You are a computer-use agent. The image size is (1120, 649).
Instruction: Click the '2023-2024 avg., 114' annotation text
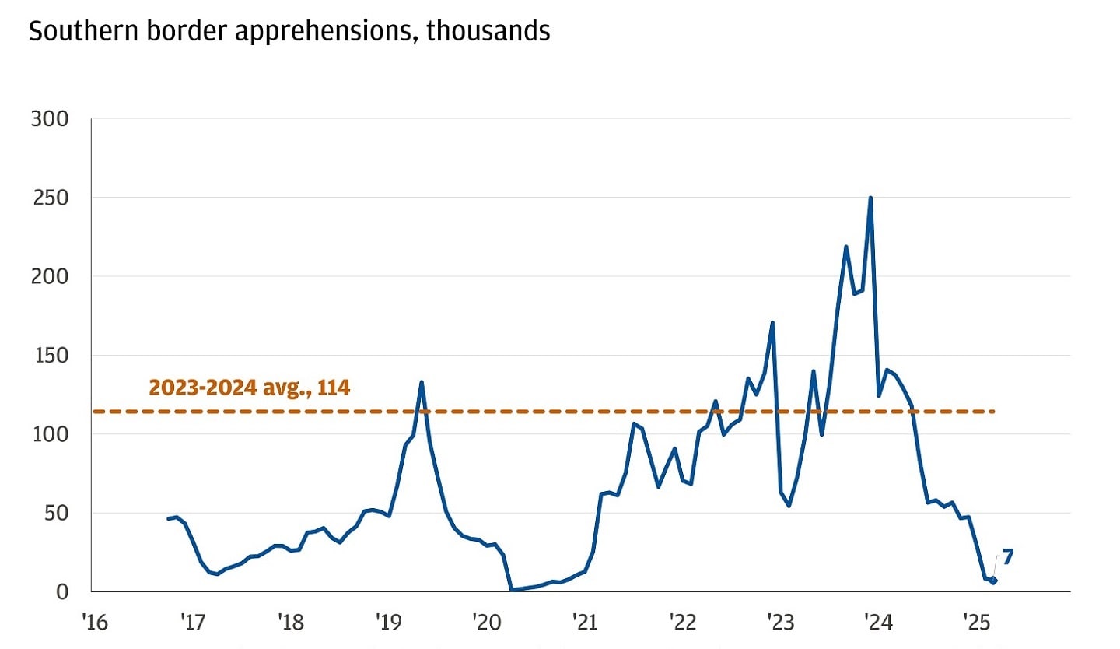tap(249, 388)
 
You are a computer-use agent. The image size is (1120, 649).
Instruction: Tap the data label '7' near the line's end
tap(1008, 557)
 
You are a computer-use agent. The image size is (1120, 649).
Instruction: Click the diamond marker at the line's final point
tap(993, 581)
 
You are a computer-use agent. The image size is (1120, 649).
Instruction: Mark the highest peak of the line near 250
tap(870, 198)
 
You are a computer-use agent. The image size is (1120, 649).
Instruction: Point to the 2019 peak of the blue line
tap(421, 382)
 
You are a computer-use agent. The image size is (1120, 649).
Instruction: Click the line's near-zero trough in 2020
tap(513, 590)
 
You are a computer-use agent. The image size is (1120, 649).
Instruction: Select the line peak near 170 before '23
tap(772, 322)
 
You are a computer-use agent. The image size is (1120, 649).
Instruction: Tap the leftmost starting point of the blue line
tap(168, 518)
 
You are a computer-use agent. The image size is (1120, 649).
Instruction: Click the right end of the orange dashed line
tap(994, 411)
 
